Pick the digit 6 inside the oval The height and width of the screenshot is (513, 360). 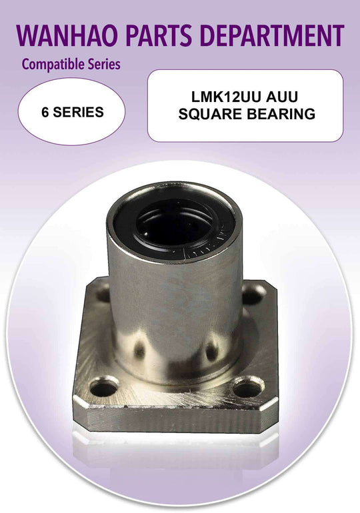click(x=45, y=112)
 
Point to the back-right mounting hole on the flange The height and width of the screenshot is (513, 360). click(x=254, y=292)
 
